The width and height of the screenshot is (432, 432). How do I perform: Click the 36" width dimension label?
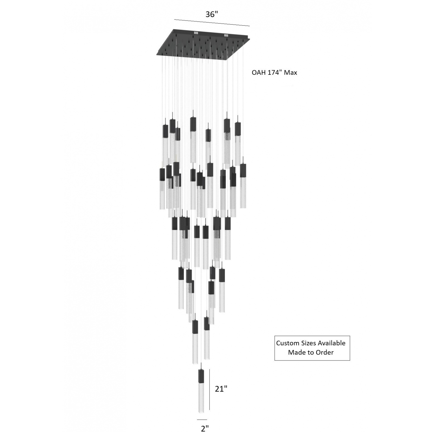[211, 14]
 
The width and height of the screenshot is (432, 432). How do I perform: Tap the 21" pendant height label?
[221, 389]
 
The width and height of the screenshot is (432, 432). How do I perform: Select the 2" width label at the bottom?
[205, 428]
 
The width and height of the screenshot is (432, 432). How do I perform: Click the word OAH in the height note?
[258, 73]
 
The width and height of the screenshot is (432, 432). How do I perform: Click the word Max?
[291, 73]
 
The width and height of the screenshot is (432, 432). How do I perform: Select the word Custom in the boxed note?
[287, 343]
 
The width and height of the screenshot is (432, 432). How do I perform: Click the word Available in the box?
[331, 343]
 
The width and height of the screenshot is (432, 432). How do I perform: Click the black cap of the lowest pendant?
[201, 376]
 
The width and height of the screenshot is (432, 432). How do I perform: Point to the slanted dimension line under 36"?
[212, 23]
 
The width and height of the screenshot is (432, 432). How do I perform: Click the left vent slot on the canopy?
[196, 33]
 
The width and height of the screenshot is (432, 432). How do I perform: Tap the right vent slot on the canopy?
[226, 35]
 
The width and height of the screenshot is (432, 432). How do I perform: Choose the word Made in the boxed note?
[296, 352]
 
